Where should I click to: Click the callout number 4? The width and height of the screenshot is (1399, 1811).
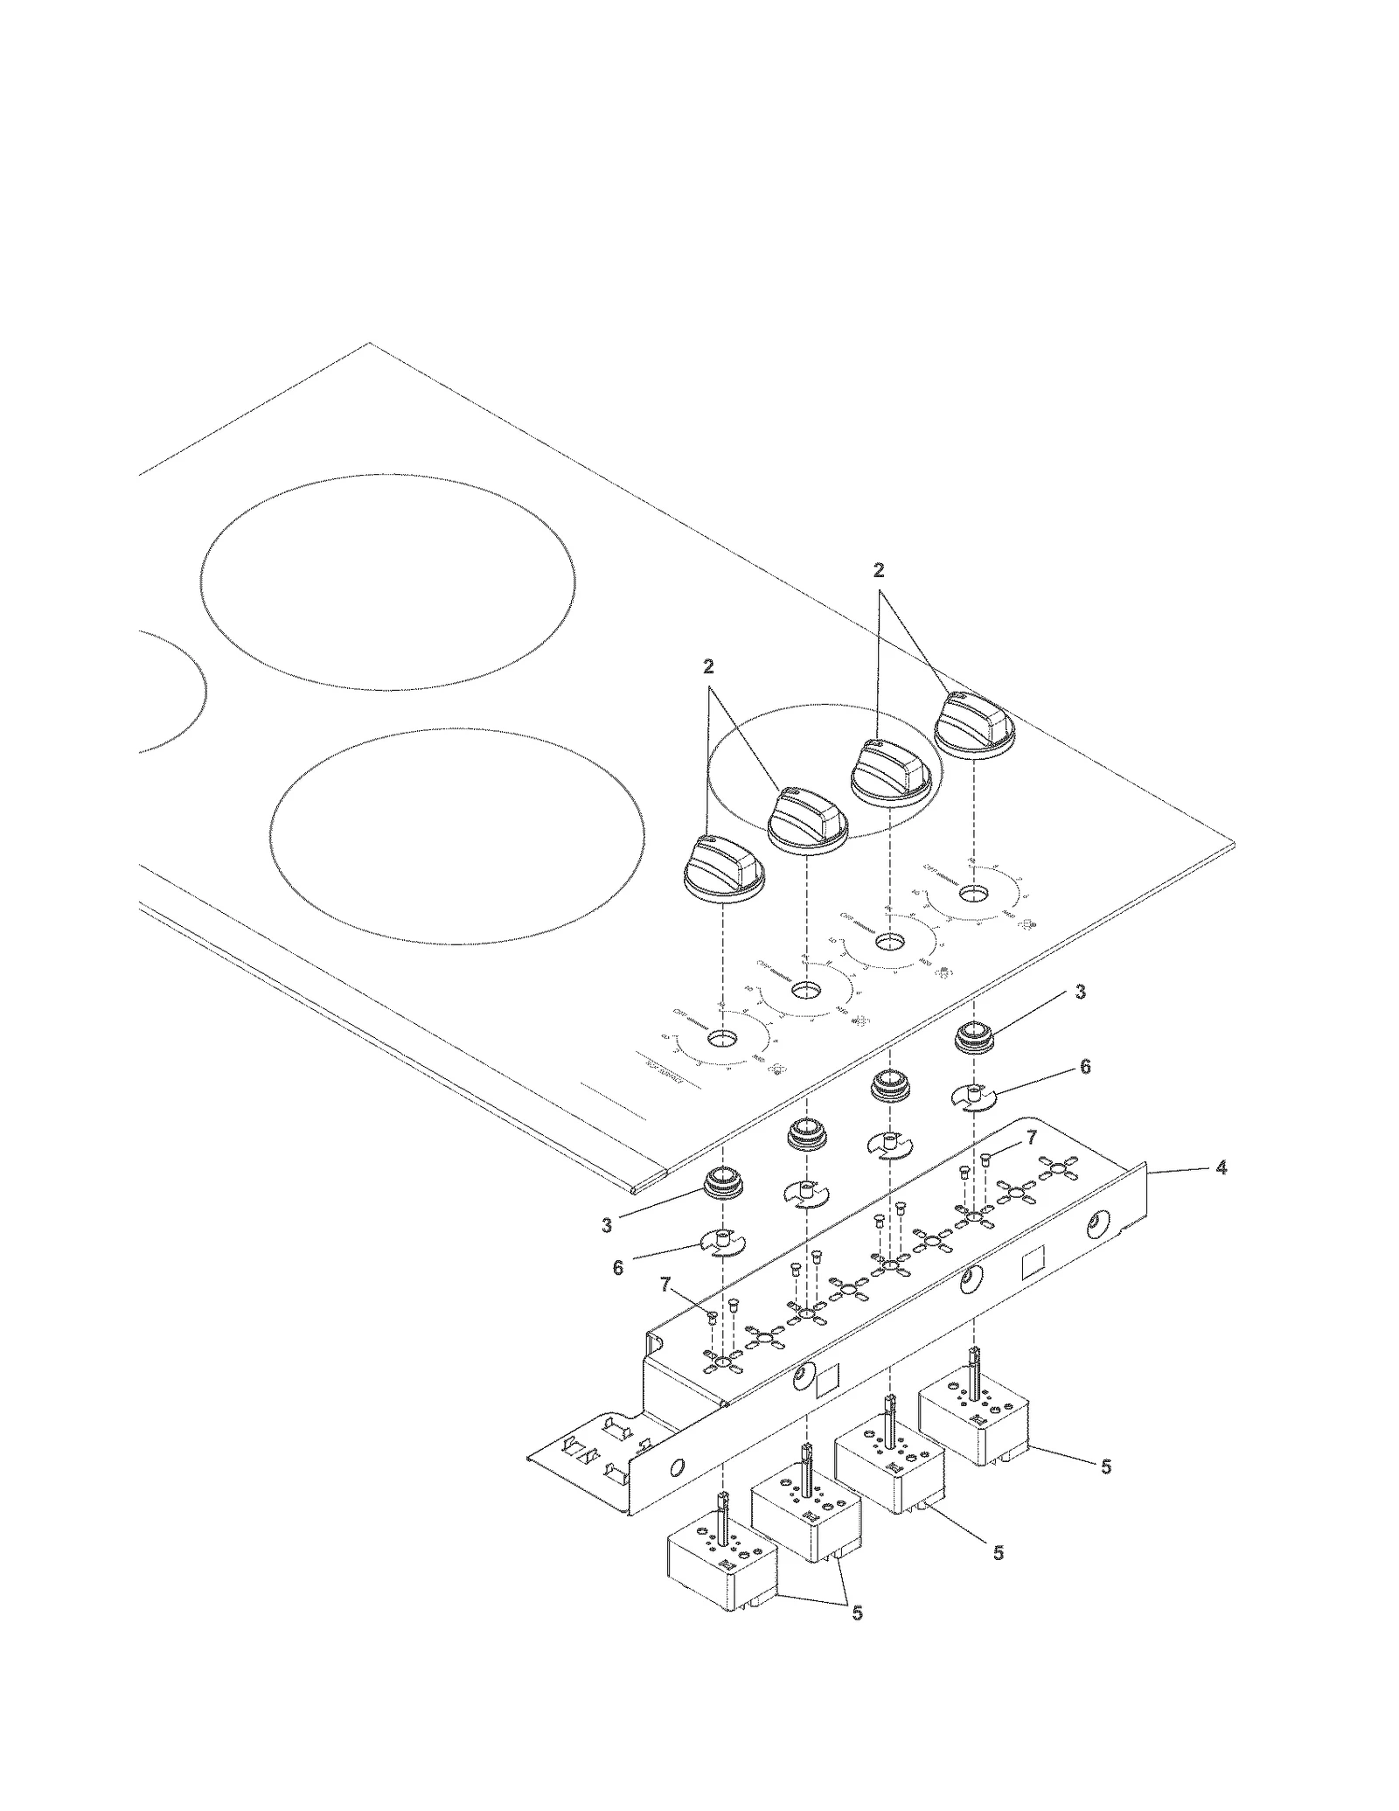(x=1222, y=1167)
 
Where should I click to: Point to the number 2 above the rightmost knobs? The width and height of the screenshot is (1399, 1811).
(x=879, y=570)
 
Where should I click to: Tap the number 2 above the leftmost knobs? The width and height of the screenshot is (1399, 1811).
(x=708, y=667)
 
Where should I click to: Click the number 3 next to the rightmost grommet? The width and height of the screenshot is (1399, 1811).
(x=1081, y=992)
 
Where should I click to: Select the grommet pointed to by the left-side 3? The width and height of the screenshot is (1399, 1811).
(x=723, y=1186)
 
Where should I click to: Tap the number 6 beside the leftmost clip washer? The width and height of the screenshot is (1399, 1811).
(x=618, y=1267)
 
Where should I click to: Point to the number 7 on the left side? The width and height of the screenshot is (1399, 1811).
(x=666, y=1309)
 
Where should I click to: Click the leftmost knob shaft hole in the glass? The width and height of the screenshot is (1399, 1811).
(x=722, y=1039)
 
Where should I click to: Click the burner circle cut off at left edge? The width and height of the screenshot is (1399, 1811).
(x=171, y=691)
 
